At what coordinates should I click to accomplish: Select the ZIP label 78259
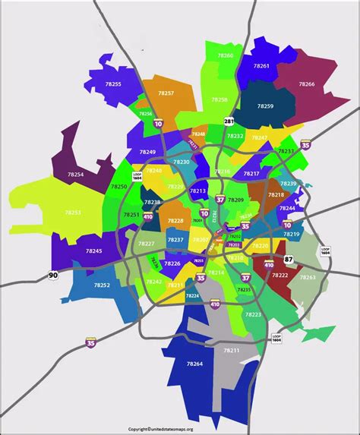[x=264, y=106]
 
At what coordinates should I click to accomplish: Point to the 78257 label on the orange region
[x=166, y=93]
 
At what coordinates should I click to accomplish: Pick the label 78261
[x=261, y=66]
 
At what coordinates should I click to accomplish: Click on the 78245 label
[x=93, y=251]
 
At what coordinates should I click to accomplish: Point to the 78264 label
[x=194, y=364]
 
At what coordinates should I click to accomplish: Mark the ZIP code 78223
[x=253, y=314]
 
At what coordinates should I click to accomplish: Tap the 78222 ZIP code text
[x=279, y=276]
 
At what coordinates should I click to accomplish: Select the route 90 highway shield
[x=52, y=275]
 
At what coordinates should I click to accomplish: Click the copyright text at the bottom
[x=179, y=429]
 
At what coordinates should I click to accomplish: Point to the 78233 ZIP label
[x=286, y=151]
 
